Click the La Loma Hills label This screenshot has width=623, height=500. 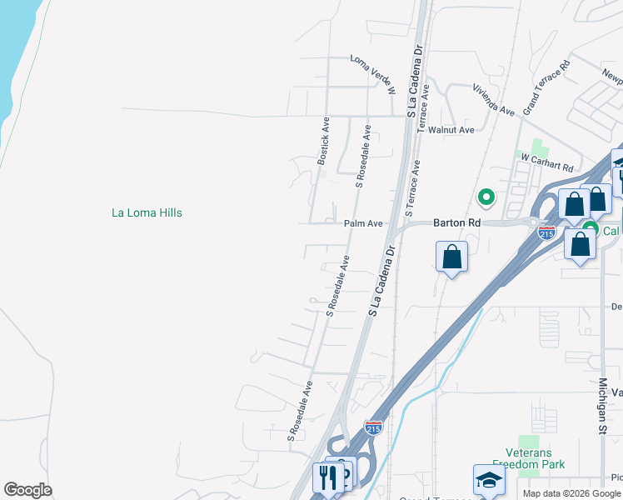147,212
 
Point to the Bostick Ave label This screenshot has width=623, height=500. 323,140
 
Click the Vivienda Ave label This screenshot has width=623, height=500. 493,98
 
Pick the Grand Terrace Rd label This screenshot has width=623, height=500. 546,87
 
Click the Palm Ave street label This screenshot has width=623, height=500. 363,223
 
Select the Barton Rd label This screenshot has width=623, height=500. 456,223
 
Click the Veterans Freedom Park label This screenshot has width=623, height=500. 529,458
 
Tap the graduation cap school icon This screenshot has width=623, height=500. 489,479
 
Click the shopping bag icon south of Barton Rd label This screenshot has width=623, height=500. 451,256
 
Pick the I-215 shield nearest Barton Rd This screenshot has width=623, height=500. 546,232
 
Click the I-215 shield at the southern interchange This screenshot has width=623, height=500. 373,428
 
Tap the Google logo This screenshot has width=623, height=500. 27,489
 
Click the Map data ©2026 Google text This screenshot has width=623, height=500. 571,493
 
